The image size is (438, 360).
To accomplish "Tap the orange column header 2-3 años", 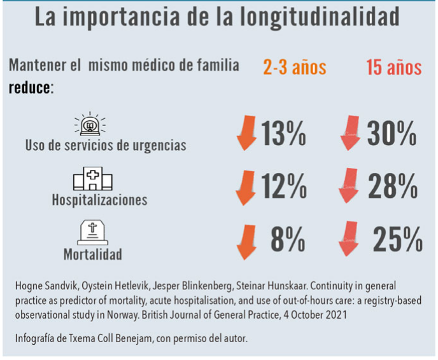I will [x=295, y=67].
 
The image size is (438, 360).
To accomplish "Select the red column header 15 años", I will [x=393, y=67].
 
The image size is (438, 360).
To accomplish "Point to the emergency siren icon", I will [x=91, y=125].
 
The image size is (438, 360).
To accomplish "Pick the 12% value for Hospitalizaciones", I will [x=284, y=186].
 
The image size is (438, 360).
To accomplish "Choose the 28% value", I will [x=392, y=186].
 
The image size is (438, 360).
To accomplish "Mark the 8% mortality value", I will [x=286, y=240].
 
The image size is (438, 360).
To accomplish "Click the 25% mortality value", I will [x=395, y=240].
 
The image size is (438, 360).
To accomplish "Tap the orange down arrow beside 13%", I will [x=245, y=134].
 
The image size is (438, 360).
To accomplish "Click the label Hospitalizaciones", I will [x=99, y=200].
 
